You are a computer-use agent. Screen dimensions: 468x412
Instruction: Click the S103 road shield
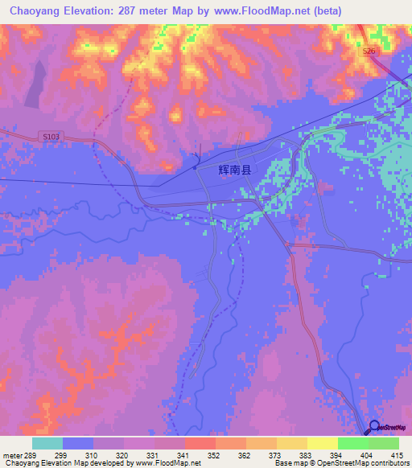coord(51,137)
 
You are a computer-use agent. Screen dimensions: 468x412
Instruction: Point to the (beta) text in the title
coord(325,11)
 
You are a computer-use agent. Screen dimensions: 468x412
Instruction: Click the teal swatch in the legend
coord(47,443)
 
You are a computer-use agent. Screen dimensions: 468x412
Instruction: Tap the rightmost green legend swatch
coord(384,443)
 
